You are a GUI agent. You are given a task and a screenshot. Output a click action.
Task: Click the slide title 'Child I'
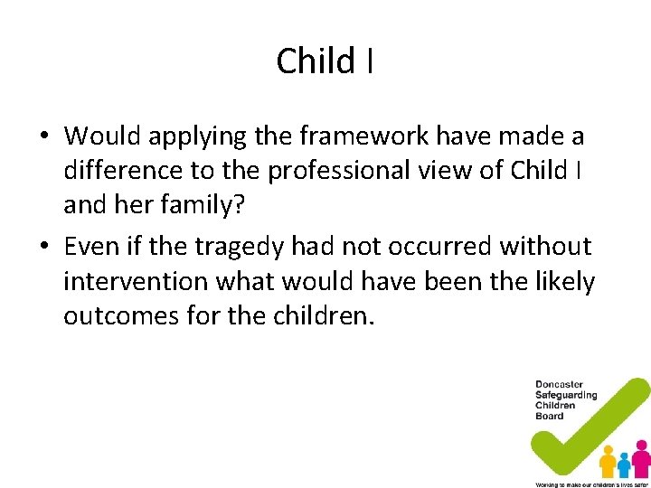click(x=325, y=61)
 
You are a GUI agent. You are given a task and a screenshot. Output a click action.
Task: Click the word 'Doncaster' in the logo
click(x=560, y=385)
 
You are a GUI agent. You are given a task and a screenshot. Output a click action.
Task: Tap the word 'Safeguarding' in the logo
click(x=566, y=395)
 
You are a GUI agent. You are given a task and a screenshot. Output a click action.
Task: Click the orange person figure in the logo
click(x=608, y=461)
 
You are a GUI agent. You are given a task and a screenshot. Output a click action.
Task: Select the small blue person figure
click(x=624, y=465)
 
